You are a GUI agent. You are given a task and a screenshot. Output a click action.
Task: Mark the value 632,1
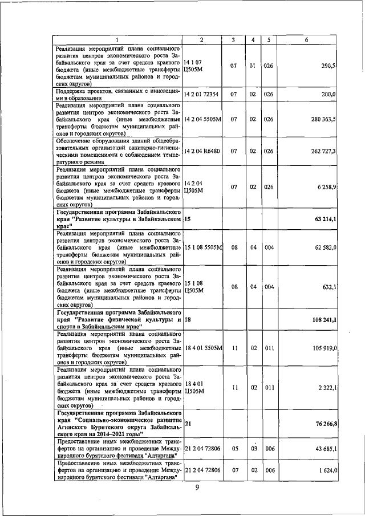[x=328, y=287]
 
